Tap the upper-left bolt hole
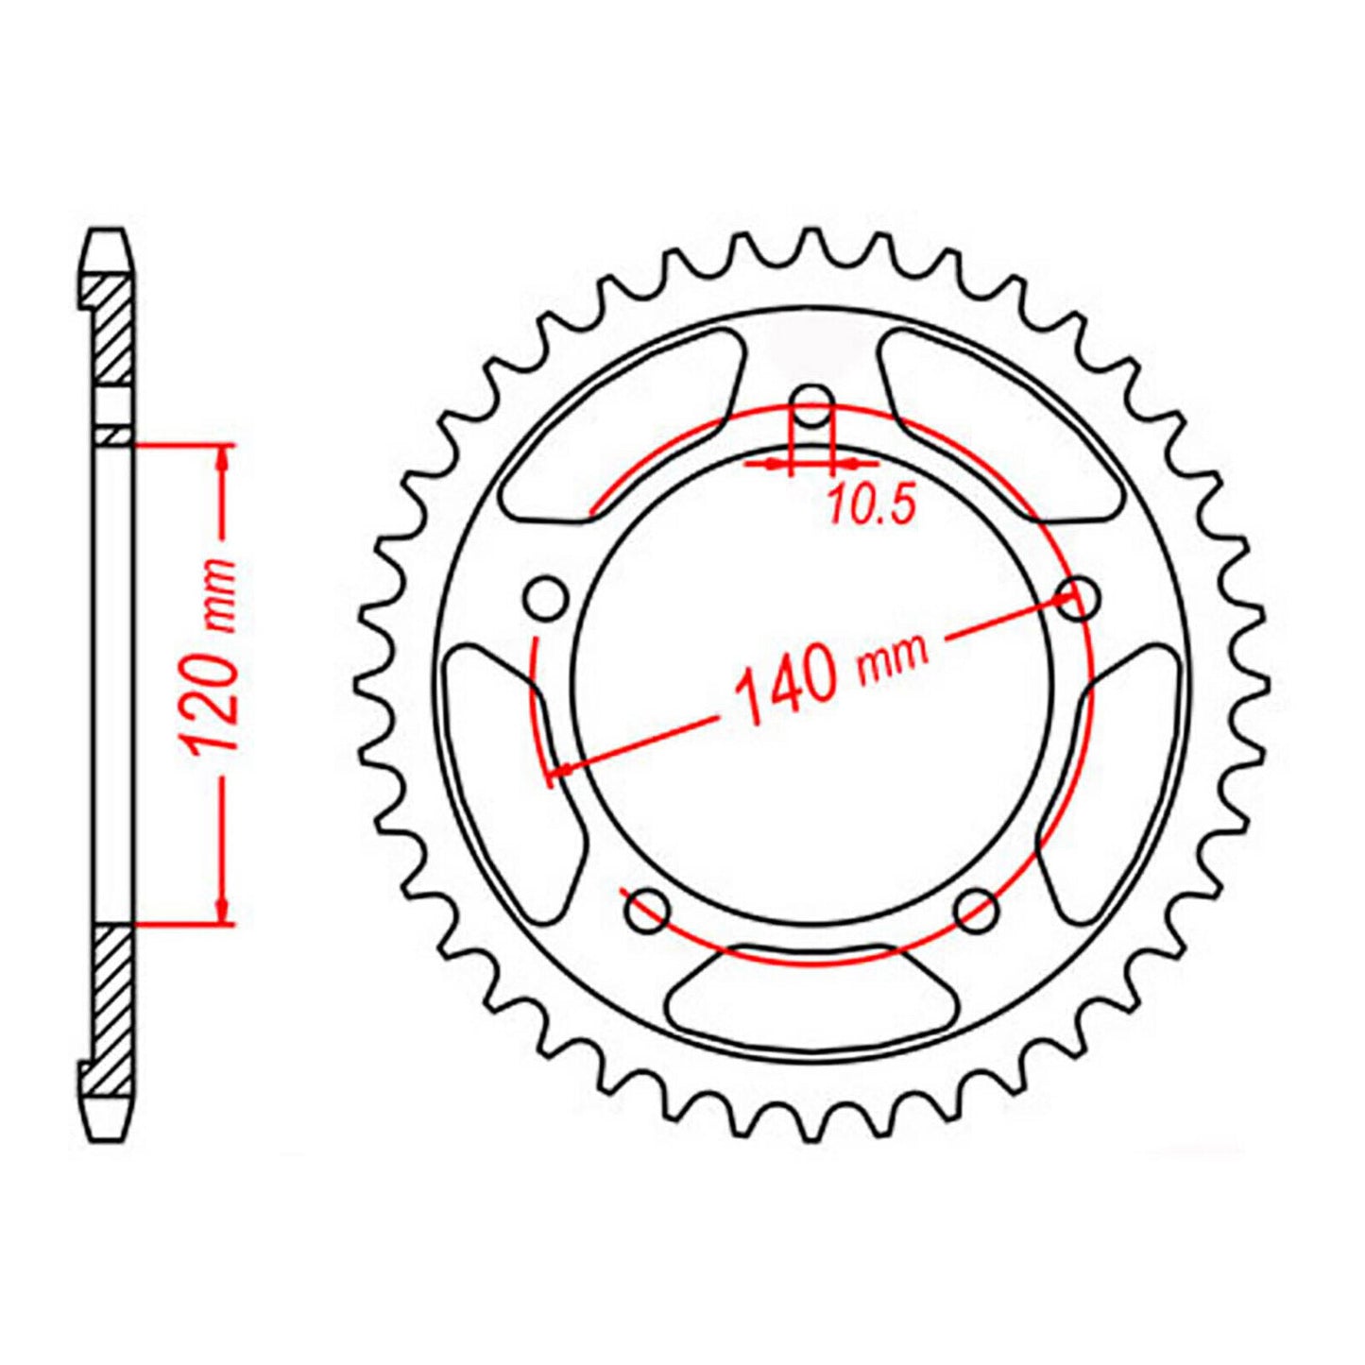click(x=545, y=599)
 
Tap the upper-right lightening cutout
click(x=998, y=425)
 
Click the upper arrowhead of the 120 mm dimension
click(x=223, y=458)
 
